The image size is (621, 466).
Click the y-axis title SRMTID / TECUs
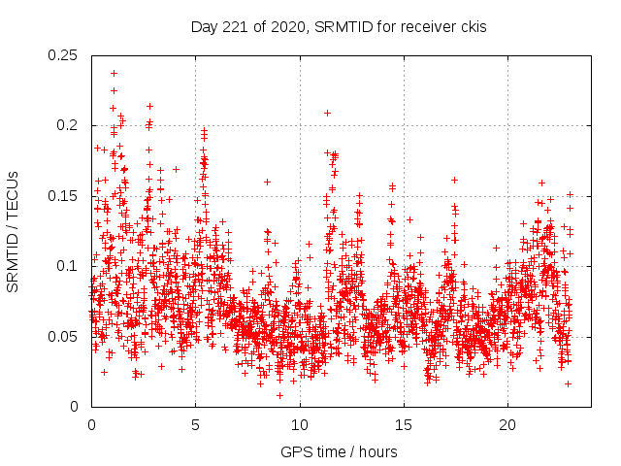coord(14,230)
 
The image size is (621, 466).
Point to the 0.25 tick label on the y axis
coord(64,55)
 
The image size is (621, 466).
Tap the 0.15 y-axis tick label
coord(64,196)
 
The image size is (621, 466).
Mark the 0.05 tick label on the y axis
coord(64,336)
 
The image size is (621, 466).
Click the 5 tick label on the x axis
coord(195,425)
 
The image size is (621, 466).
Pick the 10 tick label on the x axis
coord(300,425)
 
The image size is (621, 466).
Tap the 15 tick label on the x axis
coord(404,425)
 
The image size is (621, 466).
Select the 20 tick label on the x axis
coord(507,425)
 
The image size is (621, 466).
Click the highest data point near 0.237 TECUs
coord(114,73)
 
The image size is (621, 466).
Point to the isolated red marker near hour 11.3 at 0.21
coord(327,113)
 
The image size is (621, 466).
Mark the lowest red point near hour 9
coord(279,395)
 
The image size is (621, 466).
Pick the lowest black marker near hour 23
coord(568,383)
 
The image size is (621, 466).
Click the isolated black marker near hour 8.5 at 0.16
coord(267,182)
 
